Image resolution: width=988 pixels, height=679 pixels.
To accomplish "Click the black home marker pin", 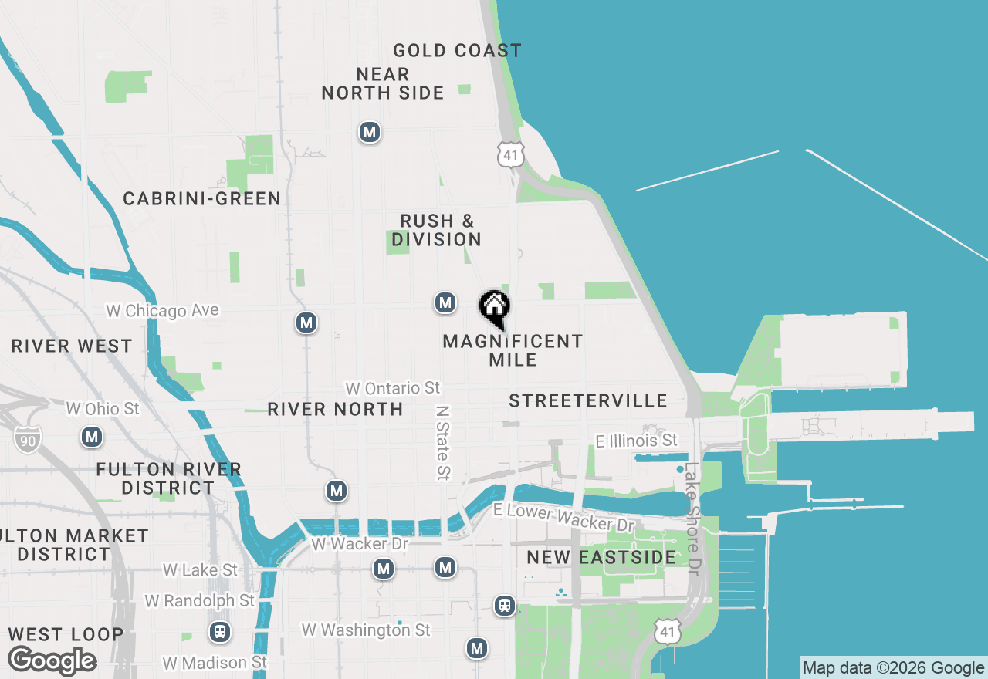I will pos(494,308).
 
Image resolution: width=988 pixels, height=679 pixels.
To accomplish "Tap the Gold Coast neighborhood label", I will pos(457,51).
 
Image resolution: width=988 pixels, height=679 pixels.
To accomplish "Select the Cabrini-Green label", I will pos(202,199).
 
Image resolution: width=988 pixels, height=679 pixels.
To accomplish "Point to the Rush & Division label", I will pos(436,231).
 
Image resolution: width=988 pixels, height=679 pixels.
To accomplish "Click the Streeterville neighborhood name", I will pos(588,400).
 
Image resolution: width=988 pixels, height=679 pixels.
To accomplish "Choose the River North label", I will pos(335,409).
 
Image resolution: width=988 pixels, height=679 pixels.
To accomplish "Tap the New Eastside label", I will pos(601,557).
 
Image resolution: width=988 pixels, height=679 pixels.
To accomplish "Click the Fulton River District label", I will pos(169,478).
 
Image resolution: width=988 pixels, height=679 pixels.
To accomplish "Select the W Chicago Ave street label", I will pos(162,311).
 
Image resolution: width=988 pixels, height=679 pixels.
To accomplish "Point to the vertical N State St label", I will pos(443,443).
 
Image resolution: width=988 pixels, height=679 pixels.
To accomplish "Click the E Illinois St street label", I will pos(637,441).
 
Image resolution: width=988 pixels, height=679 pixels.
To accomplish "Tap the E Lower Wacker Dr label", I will pos(563,516).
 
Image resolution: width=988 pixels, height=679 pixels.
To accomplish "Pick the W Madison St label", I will pos(215,663).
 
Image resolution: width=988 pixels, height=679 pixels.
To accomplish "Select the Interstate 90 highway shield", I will pos(27,439).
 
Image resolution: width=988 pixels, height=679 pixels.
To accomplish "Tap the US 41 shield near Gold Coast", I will pos(510,154).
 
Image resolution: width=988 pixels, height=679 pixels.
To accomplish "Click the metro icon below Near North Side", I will pos(370,133).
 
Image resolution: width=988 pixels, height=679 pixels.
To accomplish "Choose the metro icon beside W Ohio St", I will pos(93,437).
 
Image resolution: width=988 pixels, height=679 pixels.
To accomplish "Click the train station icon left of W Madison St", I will pos(220,633).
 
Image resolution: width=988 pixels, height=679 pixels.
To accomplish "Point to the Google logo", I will pos(52,661).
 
